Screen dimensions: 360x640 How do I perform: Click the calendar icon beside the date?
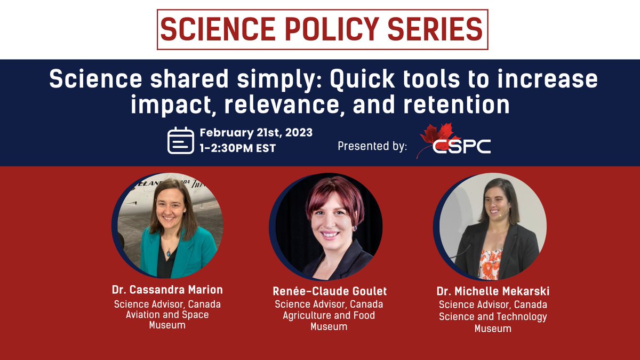(x=181, y=140)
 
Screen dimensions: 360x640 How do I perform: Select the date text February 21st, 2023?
(x=256, y=132)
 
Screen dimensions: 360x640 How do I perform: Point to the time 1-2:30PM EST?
(x=238, y=148)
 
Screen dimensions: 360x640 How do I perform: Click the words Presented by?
(x=372, y=146)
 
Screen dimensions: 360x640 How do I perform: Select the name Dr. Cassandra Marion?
(x=167, y=290)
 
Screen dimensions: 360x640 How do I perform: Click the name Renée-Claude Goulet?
(x=329, y=291)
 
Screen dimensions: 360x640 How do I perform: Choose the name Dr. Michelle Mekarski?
(x=493, y=292)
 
